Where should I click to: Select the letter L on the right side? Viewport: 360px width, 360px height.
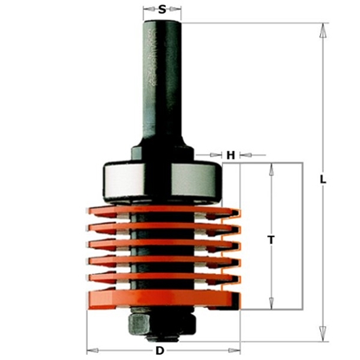point(321,180)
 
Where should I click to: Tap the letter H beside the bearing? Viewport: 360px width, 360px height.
point(230,154)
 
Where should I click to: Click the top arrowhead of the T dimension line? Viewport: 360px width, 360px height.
point(272,166)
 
